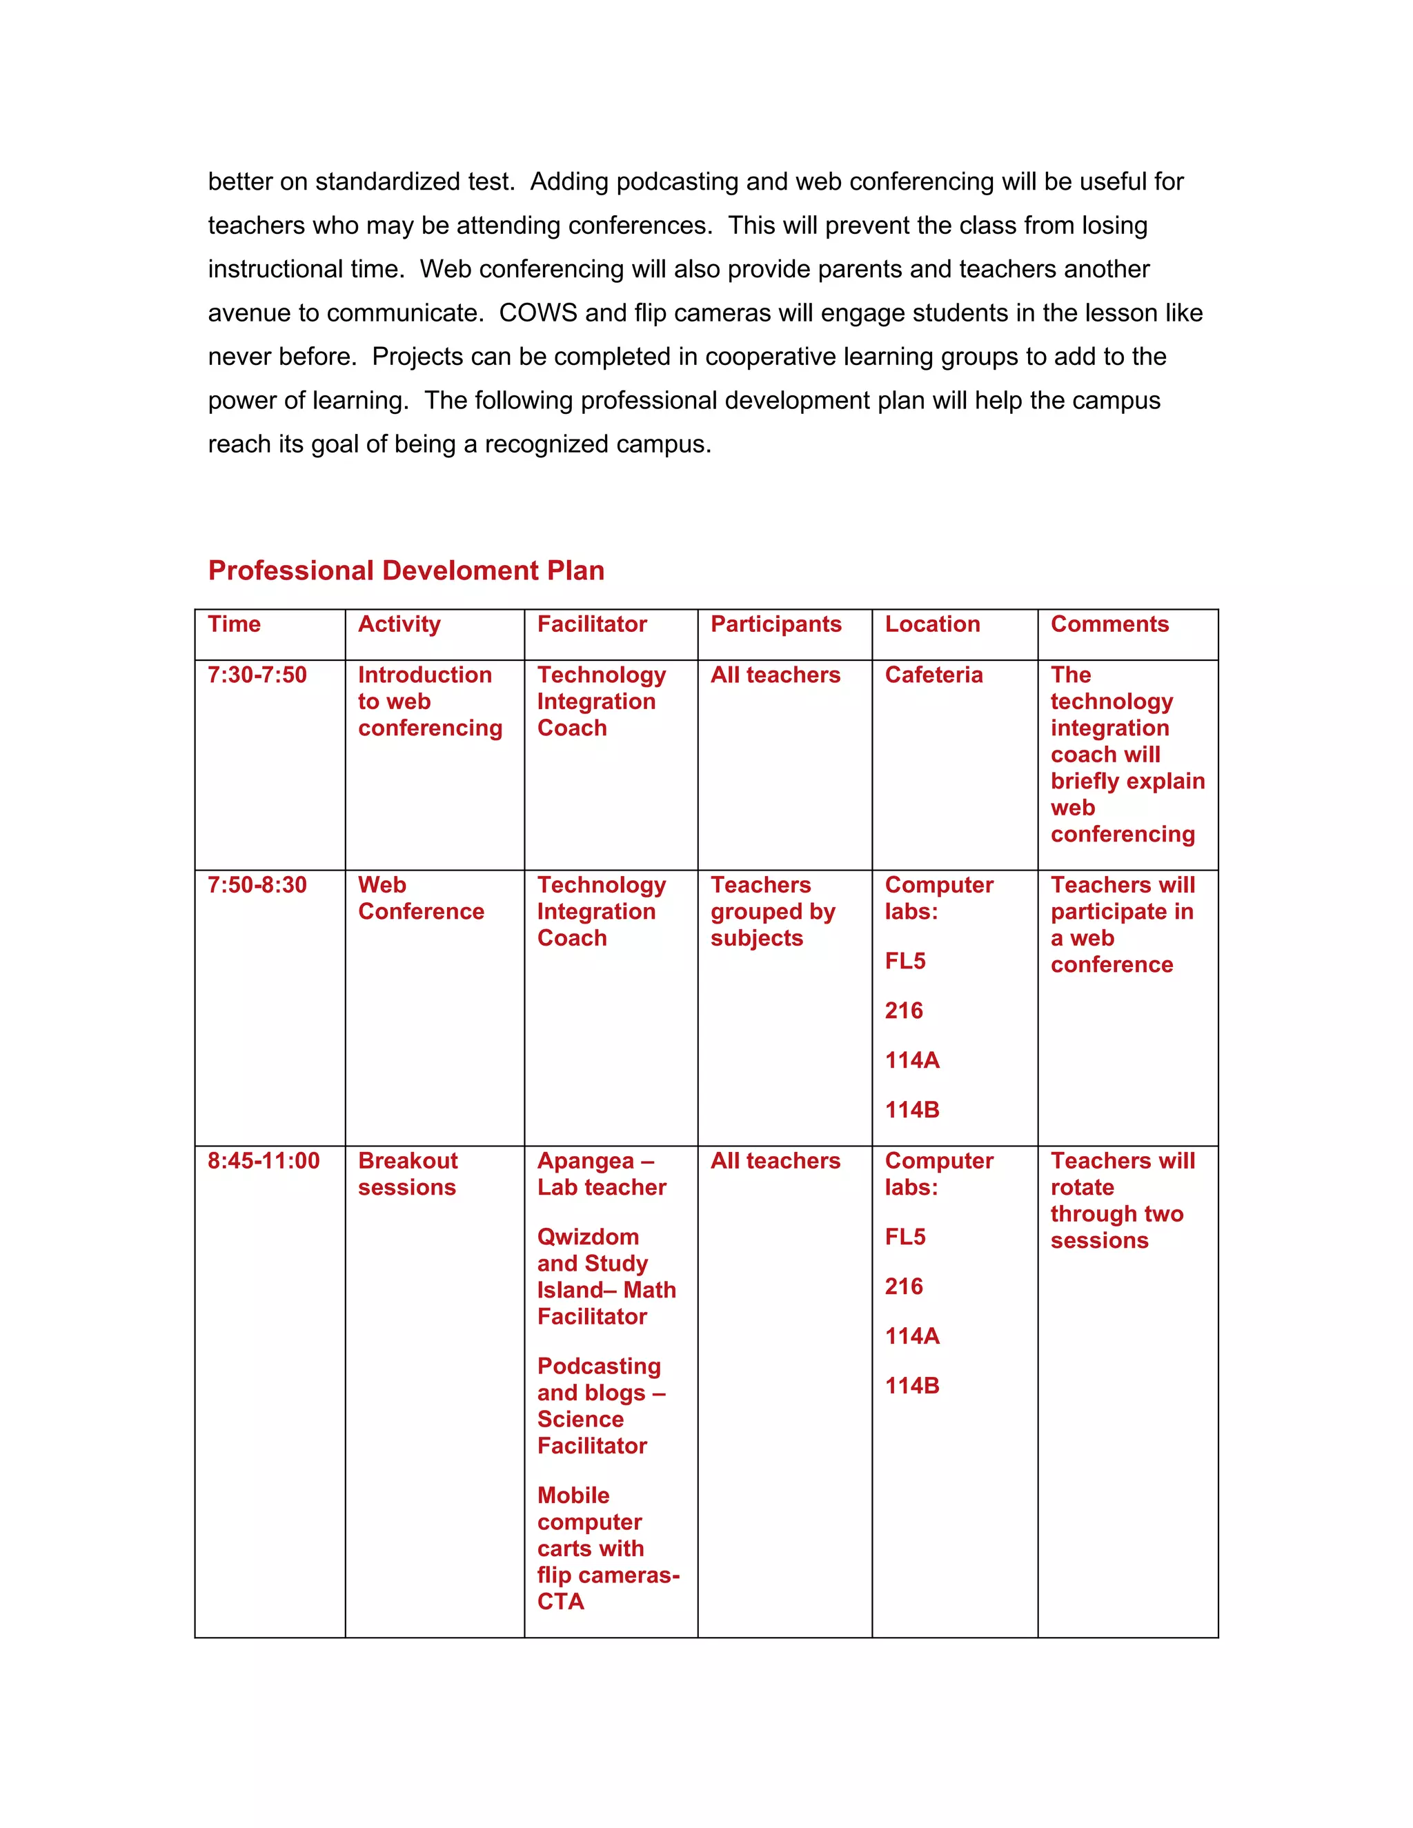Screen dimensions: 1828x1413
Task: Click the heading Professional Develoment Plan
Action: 406,571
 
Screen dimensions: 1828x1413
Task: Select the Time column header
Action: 235,624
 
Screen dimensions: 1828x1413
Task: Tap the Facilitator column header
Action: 592,624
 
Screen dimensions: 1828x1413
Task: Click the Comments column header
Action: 1109,624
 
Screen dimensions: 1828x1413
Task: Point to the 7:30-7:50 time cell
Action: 257,675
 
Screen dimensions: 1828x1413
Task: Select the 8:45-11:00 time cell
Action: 264,1161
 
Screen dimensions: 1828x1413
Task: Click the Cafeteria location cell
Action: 933,675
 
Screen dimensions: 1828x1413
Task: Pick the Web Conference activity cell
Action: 420,898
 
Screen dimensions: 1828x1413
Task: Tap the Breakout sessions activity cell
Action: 407,1173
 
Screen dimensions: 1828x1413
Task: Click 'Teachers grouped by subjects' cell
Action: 773,911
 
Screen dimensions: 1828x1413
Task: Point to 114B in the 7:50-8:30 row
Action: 912,1110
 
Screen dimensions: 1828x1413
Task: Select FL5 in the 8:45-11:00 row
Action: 905,1237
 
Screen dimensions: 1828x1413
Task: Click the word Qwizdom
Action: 588,1237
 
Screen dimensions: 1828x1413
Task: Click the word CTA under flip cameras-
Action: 560,1601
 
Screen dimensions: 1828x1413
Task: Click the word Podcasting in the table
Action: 598,1366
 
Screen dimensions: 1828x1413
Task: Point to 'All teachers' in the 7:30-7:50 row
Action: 775,675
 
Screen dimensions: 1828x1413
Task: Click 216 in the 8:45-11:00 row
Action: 903,1286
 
